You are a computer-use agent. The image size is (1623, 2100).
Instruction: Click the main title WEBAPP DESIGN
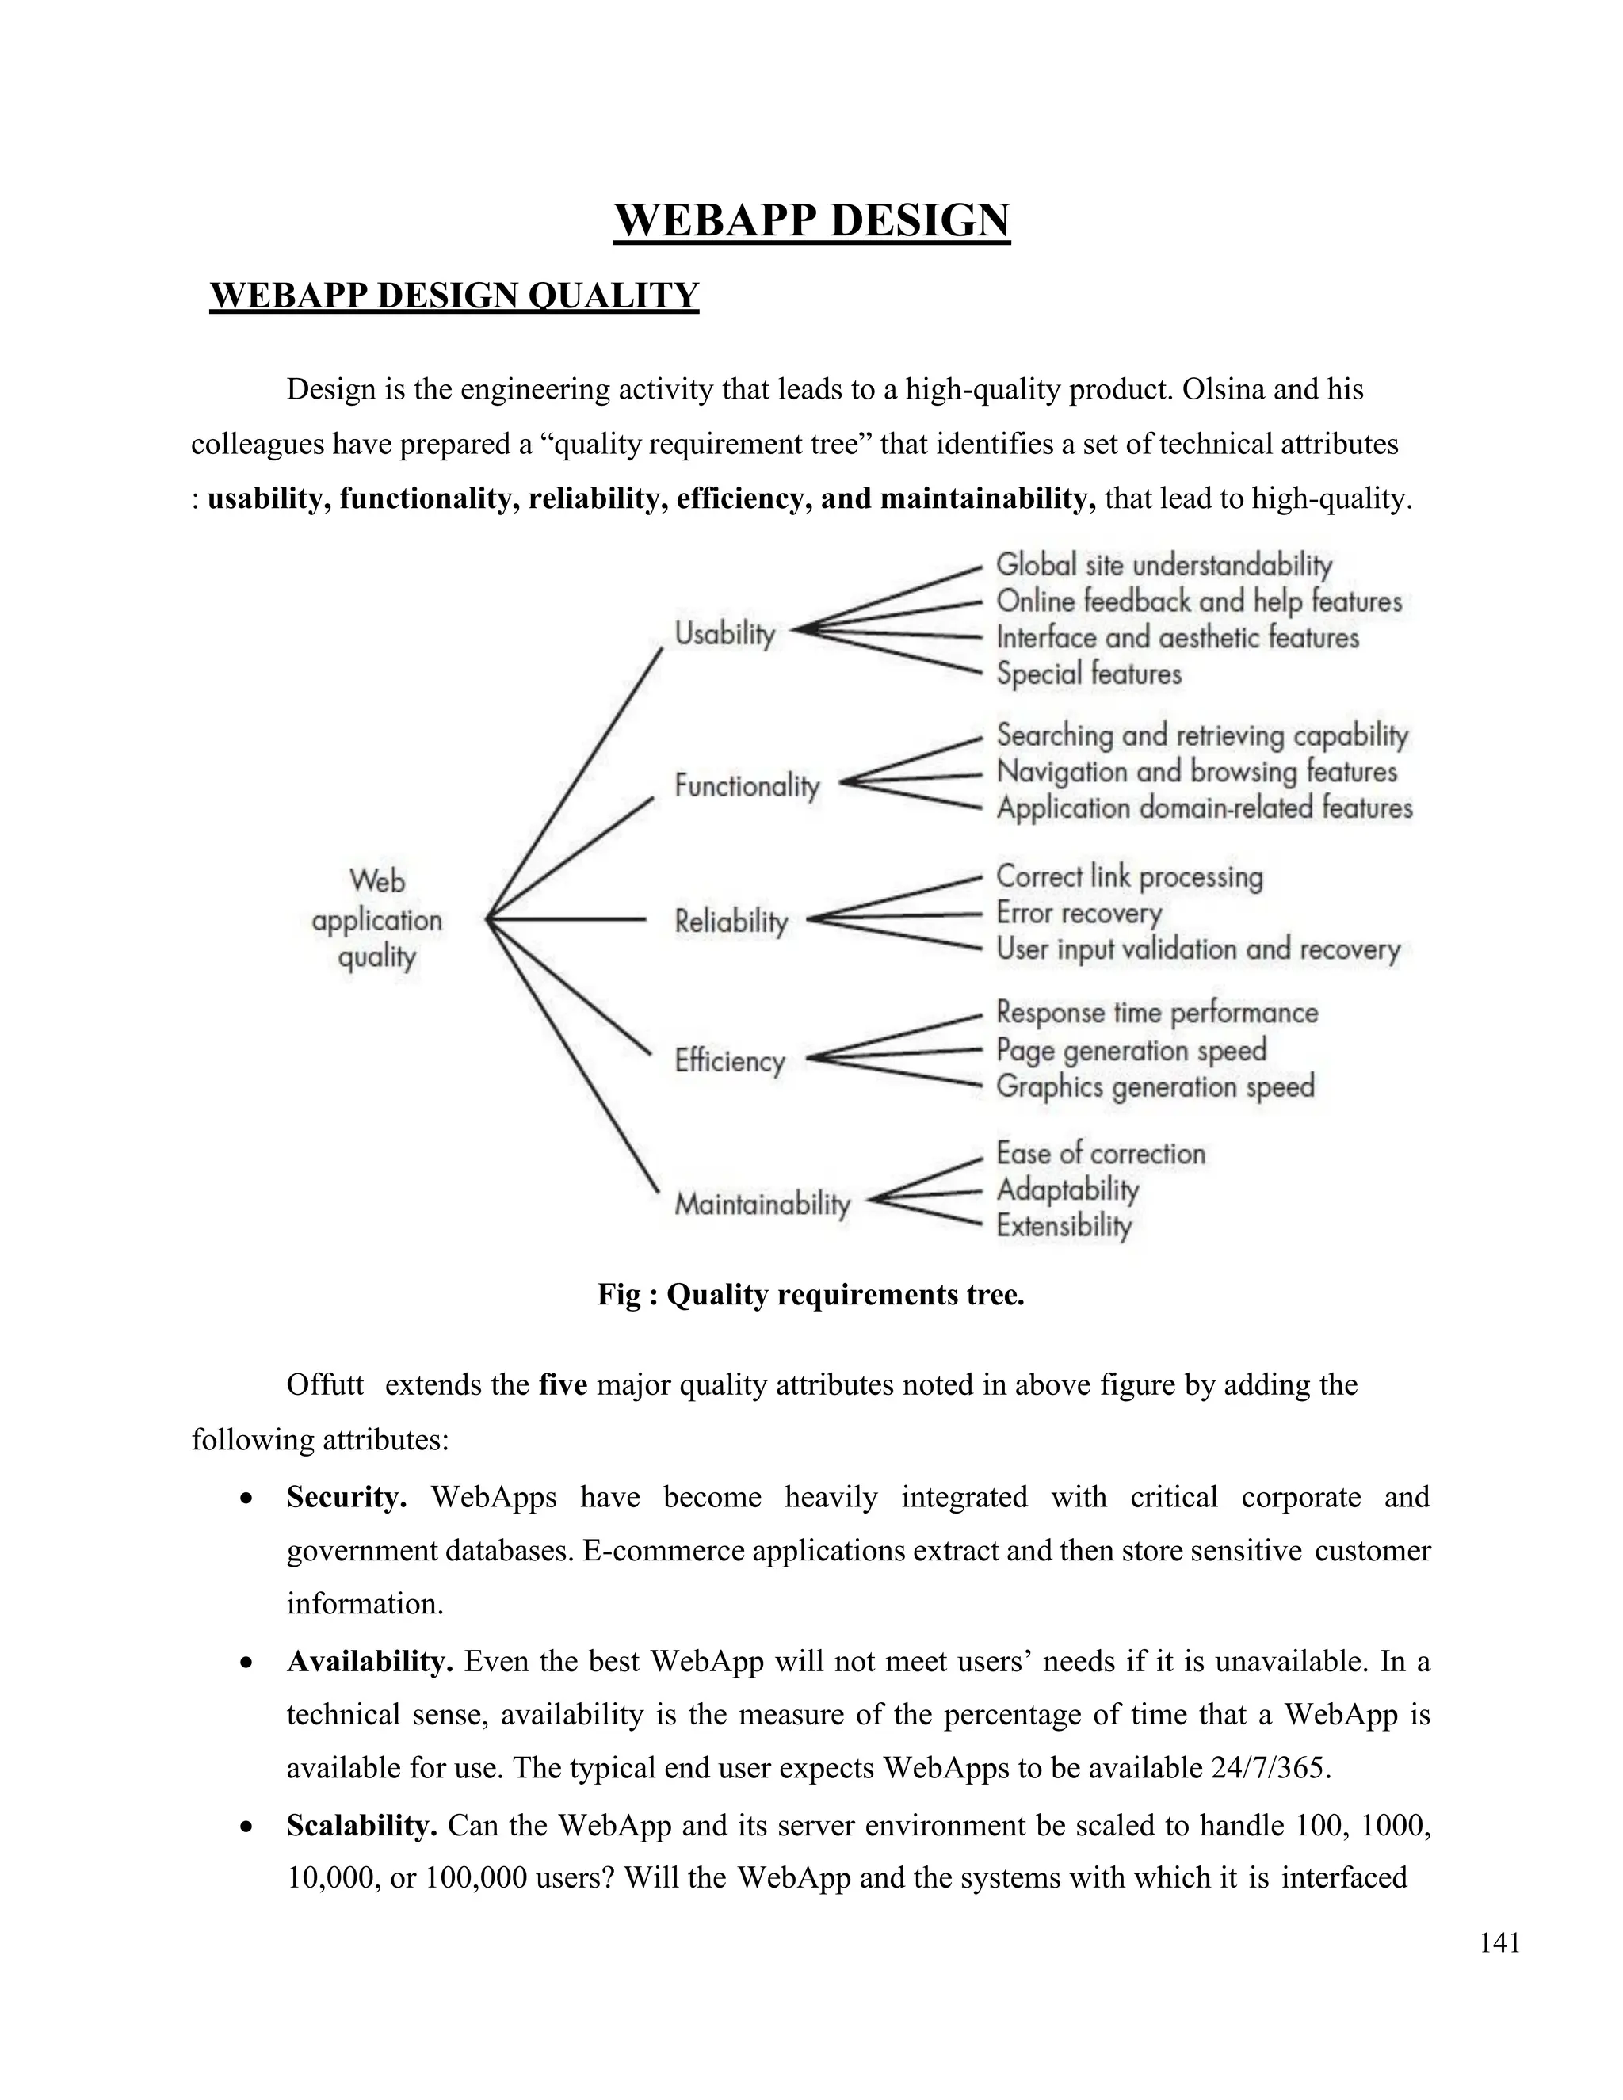pos(811,220)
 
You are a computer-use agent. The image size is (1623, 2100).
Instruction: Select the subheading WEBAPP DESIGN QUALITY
pos(454,296)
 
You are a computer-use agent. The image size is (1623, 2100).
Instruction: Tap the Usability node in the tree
pos(724,634)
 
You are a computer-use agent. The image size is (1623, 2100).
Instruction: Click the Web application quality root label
pos(377,919)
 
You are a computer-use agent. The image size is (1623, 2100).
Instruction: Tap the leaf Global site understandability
pos(1163,564)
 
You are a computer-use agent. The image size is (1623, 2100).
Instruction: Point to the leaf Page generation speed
pos(1131,1049)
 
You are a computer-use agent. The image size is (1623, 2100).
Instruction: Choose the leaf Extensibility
pos(1064,1226)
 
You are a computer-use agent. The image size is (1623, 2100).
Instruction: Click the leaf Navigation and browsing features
pos(1196,771)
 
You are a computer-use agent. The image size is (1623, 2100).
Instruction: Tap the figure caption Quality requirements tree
pos(811,1294)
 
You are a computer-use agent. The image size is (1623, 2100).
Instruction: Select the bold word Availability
pos(369,1662)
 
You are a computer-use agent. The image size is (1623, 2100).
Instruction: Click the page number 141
pos(1499,1943)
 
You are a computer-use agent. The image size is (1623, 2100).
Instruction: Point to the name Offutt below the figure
pos(325,1385)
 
